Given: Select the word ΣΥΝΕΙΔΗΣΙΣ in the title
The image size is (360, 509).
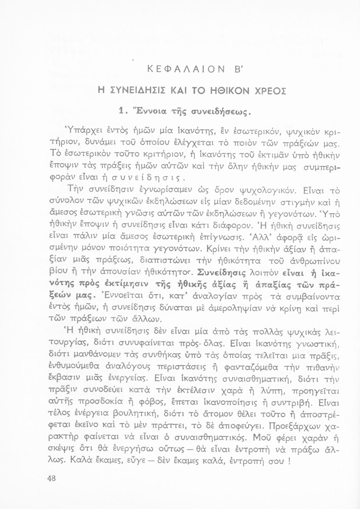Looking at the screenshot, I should click(x=138, y=91).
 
